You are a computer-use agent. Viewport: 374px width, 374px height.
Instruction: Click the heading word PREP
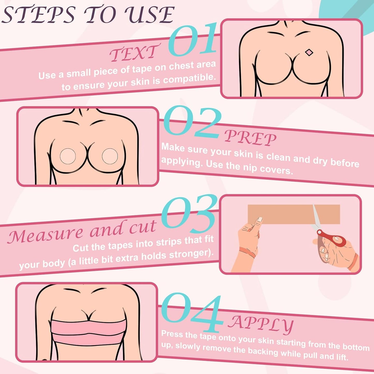[250, 137]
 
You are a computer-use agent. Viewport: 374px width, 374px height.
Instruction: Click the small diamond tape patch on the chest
[309, 53]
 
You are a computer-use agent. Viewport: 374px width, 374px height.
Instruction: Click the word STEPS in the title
[39, 15]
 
